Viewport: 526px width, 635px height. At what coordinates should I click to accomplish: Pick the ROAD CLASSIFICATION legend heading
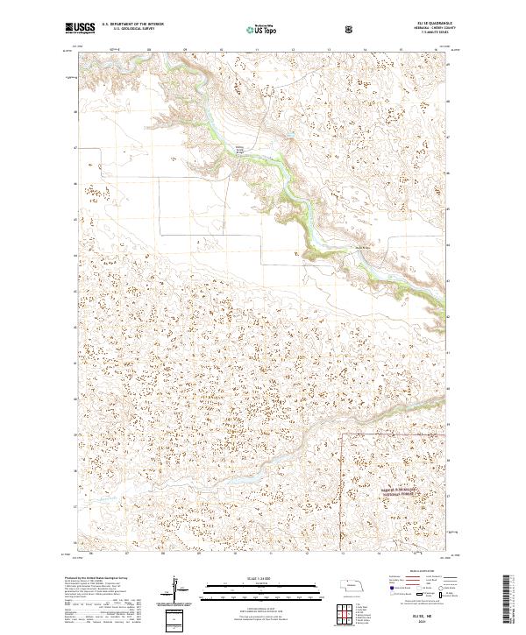pos(424,570)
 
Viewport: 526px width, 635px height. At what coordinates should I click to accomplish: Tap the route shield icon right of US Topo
pos(301,29)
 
